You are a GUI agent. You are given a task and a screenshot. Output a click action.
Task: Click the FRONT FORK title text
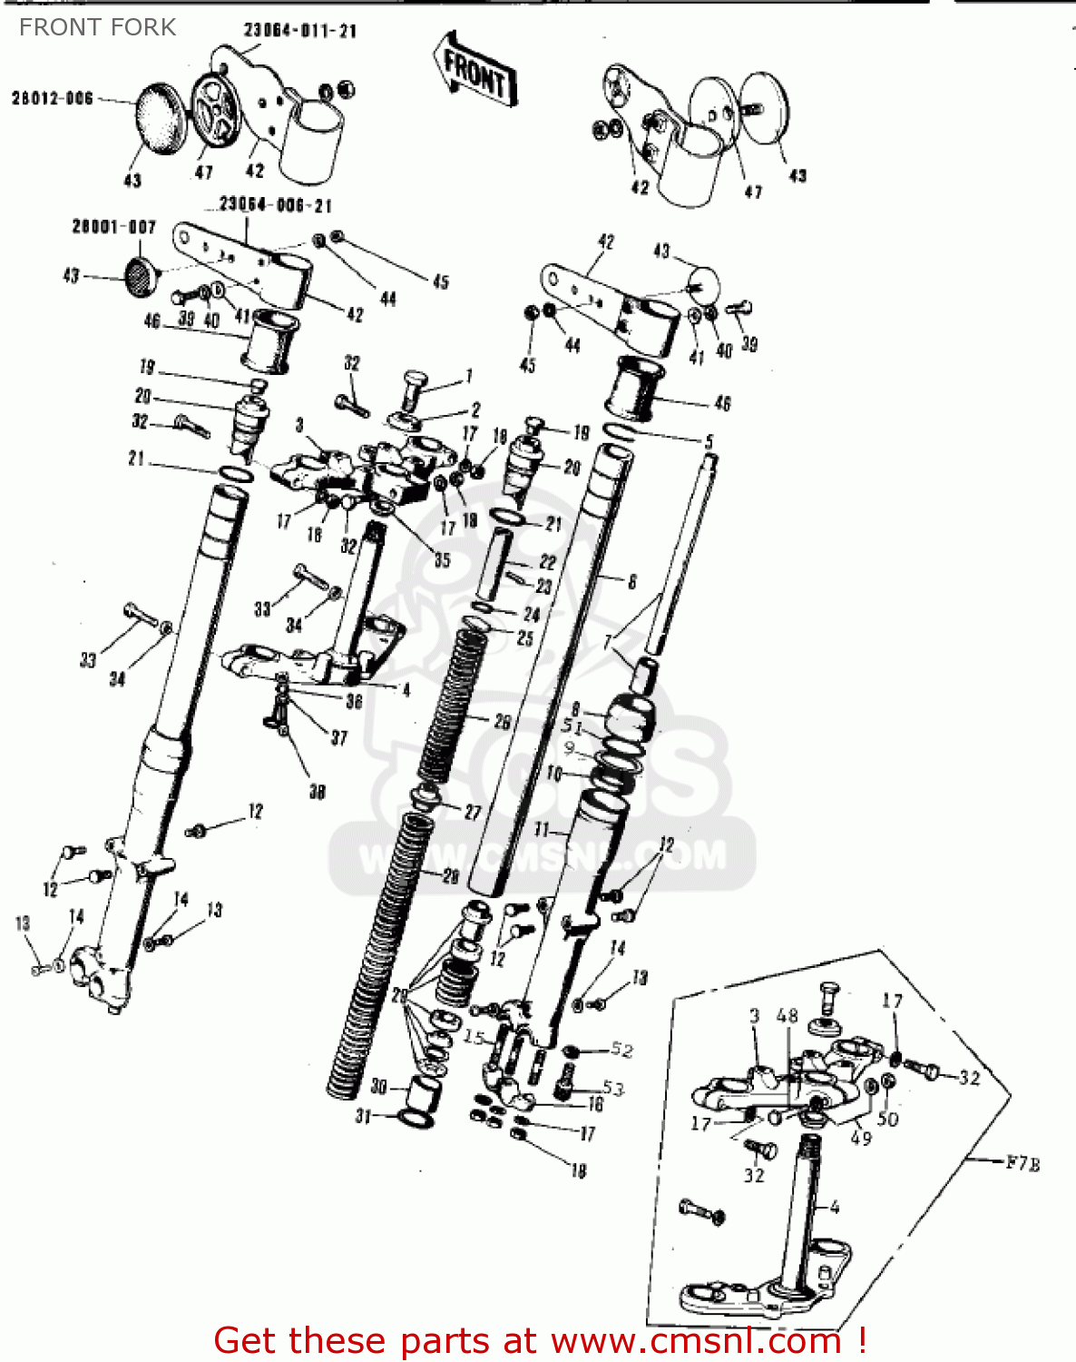[x=97, y=27]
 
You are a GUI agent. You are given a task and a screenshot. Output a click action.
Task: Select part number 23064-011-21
[x=300, y=31]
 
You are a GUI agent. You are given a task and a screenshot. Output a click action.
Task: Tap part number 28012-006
[x=52, y=98]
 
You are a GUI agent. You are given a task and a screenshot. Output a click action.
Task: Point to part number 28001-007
[x=113, y=226]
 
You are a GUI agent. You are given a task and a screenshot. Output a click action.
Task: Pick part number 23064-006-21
[x=276, y=205]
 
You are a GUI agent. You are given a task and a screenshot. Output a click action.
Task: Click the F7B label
[x=1022, y=1162]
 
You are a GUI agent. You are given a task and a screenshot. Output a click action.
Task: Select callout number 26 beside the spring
[x=502, y=722]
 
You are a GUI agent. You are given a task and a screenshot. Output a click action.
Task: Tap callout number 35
[x=442, y=559]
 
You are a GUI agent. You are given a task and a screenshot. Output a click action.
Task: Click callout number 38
[x=317, y=792]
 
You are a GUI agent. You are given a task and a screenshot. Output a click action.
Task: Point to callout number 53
[x=613, y=1088]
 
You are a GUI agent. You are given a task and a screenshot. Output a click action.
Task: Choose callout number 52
[x=621, y=1050]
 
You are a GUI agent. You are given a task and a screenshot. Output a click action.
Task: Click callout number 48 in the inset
[x=787, y=1015]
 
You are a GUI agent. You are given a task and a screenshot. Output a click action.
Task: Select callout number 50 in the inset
[x=887, y=1120]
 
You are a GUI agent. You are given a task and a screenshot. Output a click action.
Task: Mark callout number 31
[x=363, y=1116]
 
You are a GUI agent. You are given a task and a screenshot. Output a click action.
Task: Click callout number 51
[x=572, y=725]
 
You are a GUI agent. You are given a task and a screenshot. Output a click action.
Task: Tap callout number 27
[x=473, y=812]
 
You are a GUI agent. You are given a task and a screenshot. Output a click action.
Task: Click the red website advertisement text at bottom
[x=540, y=1340]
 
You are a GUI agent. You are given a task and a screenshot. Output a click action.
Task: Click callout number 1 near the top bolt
[x=469, y=375]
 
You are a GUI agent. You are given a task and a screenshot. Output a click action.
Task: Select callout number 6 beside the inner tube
[x=632, y=582]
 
